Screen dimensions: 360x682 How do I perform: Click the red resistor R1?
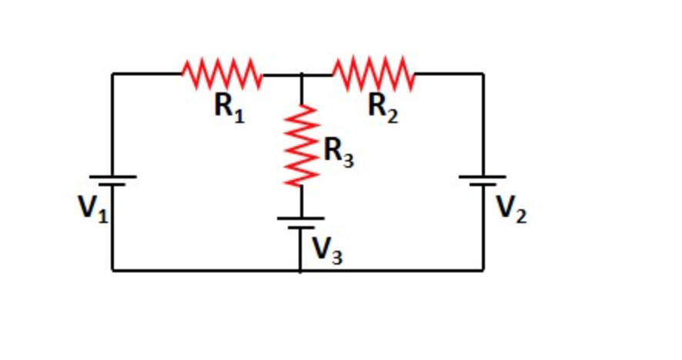tap(222, 75)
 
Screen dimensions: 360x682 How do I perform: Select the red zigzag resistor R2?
tap(373, 75)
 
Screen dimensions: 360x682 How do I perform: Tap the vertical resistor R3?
tap(301, 146)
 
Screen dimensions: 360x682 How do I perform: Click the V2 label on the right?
tap(511, 208)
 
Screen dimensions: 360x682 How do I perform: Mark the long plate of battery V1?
tap(112, 177)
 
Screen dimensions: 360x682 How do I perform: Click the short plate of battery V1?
tap(112, 186)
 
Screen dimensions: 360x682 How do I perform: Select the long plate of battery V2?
tap(483, 177)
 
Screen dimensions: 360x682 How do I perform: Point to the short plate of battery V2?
tap(483, 186)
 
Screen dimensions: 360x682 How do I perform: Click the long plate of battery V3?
tap(301, 218)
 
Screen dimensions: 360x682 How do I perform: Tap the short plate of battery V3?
tap(301, 228)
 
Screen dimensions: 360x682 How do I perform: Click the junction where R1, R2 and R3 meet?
tap(301, 75)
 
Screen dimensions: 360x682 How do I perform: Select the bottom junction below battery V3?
tap(301, 270)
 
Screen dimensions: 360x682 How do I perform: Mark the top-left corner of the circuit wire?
tap(112, 75)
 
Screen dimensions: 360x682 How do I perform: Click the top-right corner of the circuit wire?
tap(483, 75)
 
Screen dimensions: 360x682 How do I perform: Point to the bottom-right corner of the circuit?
tap(483, 270)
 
